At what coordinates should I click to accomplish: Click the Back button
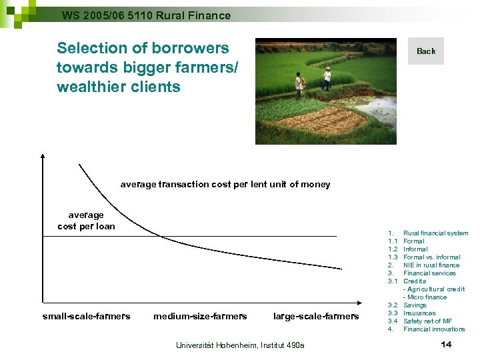(425, 51)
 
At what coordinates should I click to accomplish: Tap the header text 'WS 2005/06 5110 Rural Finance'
(146, 15)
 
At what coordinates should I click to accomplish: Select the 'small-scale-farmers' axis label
(86, 316)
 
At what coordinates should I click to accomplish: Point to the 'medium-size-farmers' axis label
(200, 316)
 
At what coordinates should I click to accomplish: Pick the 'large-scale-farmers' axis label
(316, 316)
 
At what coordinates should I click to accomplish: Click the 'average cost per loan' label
(86, 221)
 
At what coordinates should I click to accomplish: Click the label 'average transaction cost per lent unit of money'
(225, 185)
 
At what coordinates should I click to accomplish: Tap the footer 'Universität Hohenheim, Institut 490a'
(239, 345)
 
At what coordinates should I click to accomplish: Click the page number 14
(446, 344)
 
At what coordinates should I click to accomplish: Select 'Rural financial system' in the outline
(435, 233)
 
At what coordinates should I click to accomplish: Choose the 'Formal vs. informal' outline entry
(431, 257)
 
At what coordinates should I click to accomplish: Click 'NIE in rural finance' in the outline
(431, 265)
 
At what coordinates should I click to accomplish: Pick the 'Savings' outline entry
(415, 305)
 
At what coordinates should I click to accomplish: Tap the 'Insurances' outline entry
(419, 313)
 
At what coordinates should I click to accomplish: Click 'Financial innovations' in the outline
(434, 329)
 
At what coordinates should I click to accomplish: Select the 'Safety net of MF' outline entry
(427, 321)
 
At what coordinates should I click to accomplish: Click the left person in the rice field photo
(299, 84)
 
